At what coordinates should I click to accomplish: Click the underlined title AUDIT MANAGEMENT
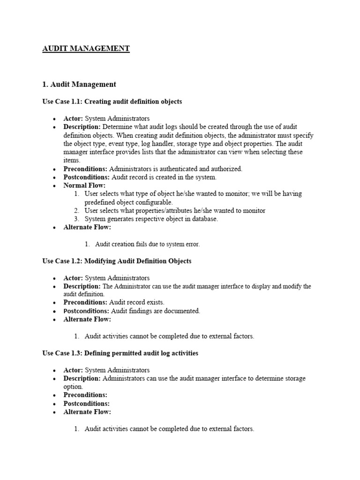point(86,48)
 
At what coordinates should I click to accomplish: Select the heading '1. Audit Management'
point(79,84)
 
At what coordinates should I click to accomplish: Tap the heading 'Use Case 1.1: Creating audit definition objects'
point(112,101)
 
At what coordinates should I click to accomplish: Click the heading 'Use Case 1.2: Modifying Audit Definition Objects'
point(117,261)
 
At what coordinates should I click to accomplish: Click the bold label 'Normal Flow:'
point(85,186)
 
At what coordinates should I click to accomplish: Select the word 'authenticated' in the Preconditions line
point(178,169)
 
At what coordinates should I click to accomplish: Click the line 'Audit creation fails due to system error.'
point(148,244)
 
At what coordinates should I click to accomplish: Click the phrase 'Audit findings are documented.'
point(156,311)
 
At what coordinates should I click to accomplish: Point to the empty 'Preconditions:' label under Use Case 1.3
point(85,395)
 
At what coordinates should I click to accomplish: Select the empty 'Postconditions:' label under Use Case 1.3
point(87,404)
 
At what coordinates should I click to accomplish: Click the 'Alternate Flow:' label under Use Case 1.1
point(87,227)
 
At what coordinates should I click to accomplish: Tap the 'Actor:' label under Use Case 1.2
point(73,278)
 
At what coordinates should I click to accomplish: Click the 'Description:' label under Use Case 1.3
point(82,378)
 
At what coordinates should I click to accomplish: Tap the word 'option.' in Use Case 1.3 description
point(73,387)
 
